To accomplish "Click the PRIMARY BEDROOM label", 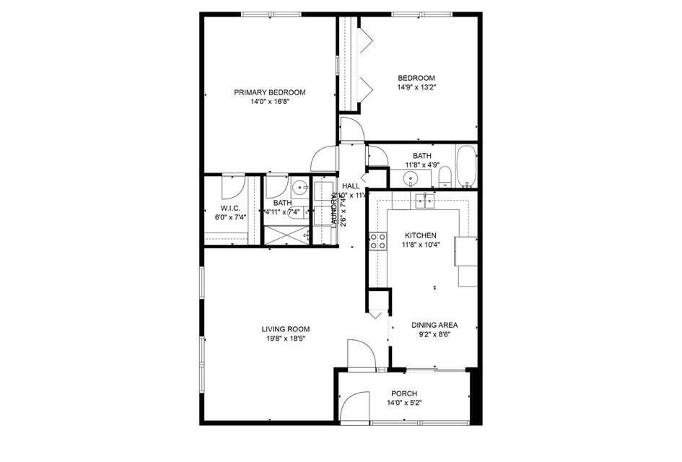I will pyautogui.click(x=269, y=92).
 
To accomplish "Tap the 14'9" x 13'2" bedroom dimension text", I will pyautogui.click(x=416, y=87).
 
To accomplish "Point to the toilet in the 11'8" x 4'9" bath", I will pyautogui.click(x=445, y=175).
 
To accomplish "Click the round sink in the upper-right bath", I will pyautogui.click(x=411, y=178).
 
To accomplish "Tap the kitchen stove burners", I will pyautogui.click(x=377, y=240).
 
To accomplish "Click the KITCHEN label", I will pyautogui.click(x=420, y=236).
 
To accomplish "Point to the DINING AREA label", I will pyautogui.click(x=434, y=325).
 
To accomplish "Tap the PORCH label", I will pyautogui.click(x=405, y=393).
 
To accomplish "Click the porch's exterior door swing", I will pyautogui.click(x=352, y=406).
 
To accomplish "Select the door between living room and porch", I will pyautogui.click(x=360, y=354).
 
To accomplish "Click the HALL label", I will pyautogui.click(x=351, y=186).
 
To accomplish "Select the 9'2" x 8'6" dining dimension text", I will pyautogui.click(x=434, y=334).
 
